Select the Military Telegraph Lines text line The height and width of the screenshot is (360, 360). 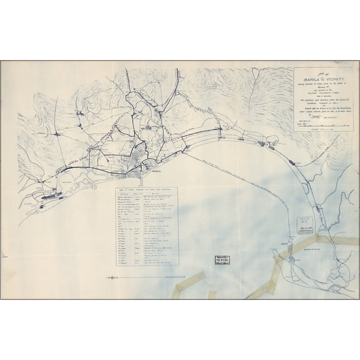coord(322,94)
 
